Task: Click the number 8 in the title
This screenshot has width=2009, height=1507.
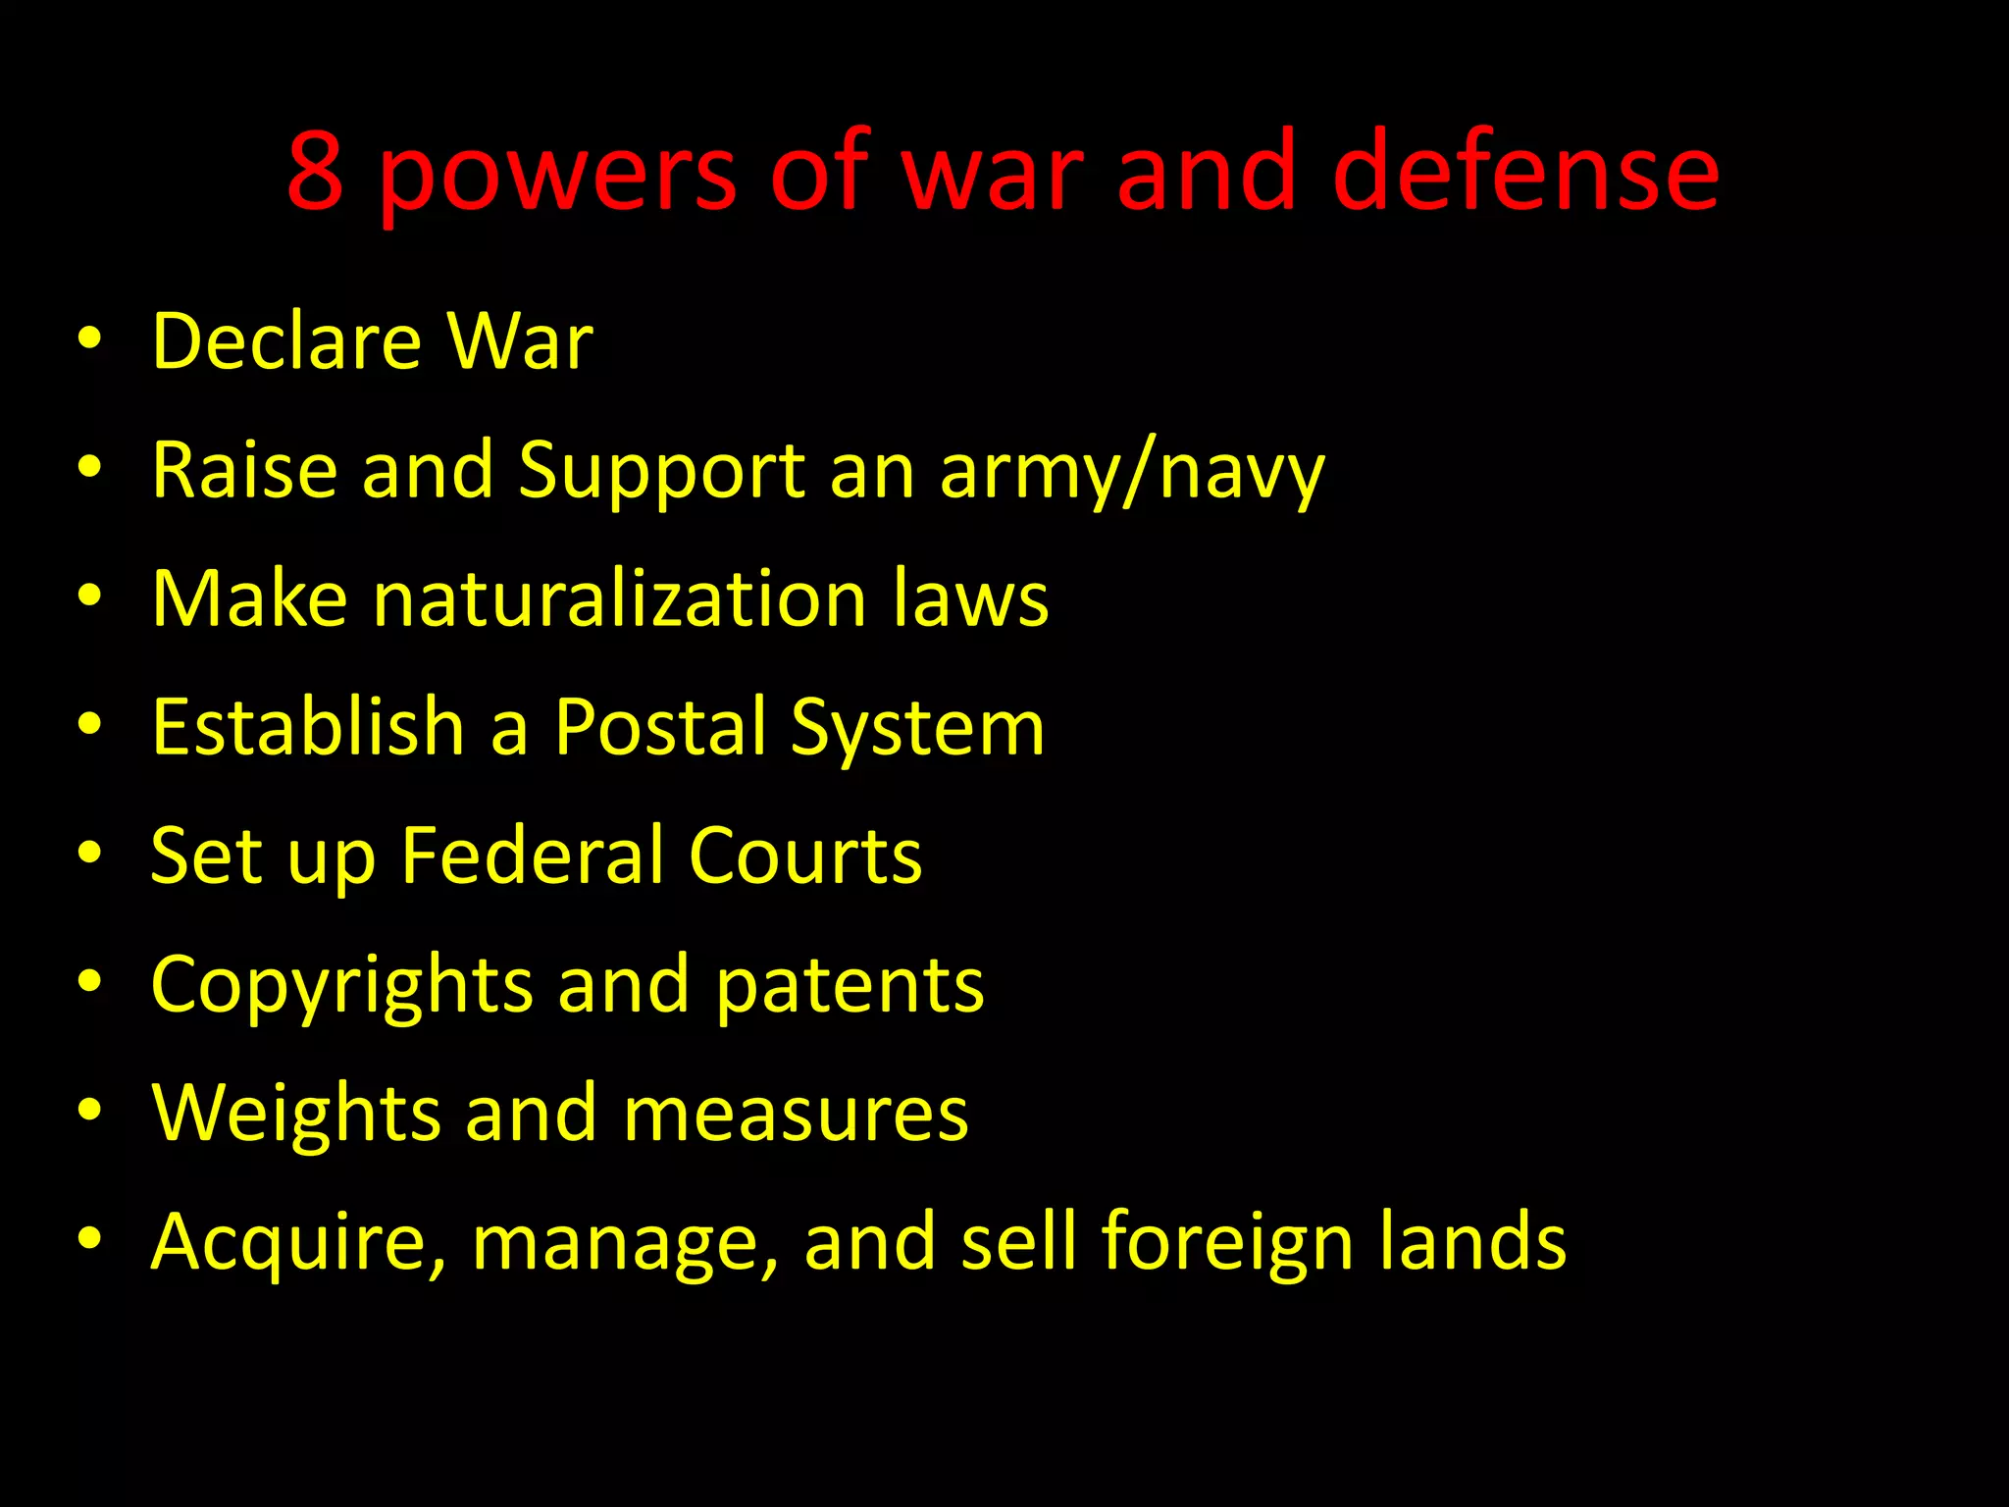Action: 316,172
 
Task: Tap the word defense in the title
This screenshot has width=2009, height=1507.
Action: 1524,172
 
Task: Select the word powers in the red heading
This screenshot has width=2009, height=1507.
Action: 557,177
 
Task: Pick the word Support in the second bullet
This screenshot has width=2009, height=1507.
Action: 662,472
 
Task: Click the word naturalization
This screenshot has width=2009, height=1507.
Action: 620,598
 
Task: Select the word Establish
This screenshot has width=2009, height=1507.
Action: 308,727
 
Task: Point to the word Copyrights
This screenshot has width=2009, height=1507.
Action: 342,986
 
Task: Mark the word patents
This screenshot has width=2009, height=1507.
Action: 850,986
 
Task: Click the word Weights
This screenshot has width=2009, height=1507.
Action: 296,1115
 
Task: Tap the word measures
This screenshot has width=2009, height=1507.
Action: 796,1115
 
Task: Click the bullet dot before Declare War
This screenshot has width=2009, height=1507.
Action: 89,338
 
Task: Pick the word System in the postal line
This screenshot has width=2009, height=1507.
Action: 917,729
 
